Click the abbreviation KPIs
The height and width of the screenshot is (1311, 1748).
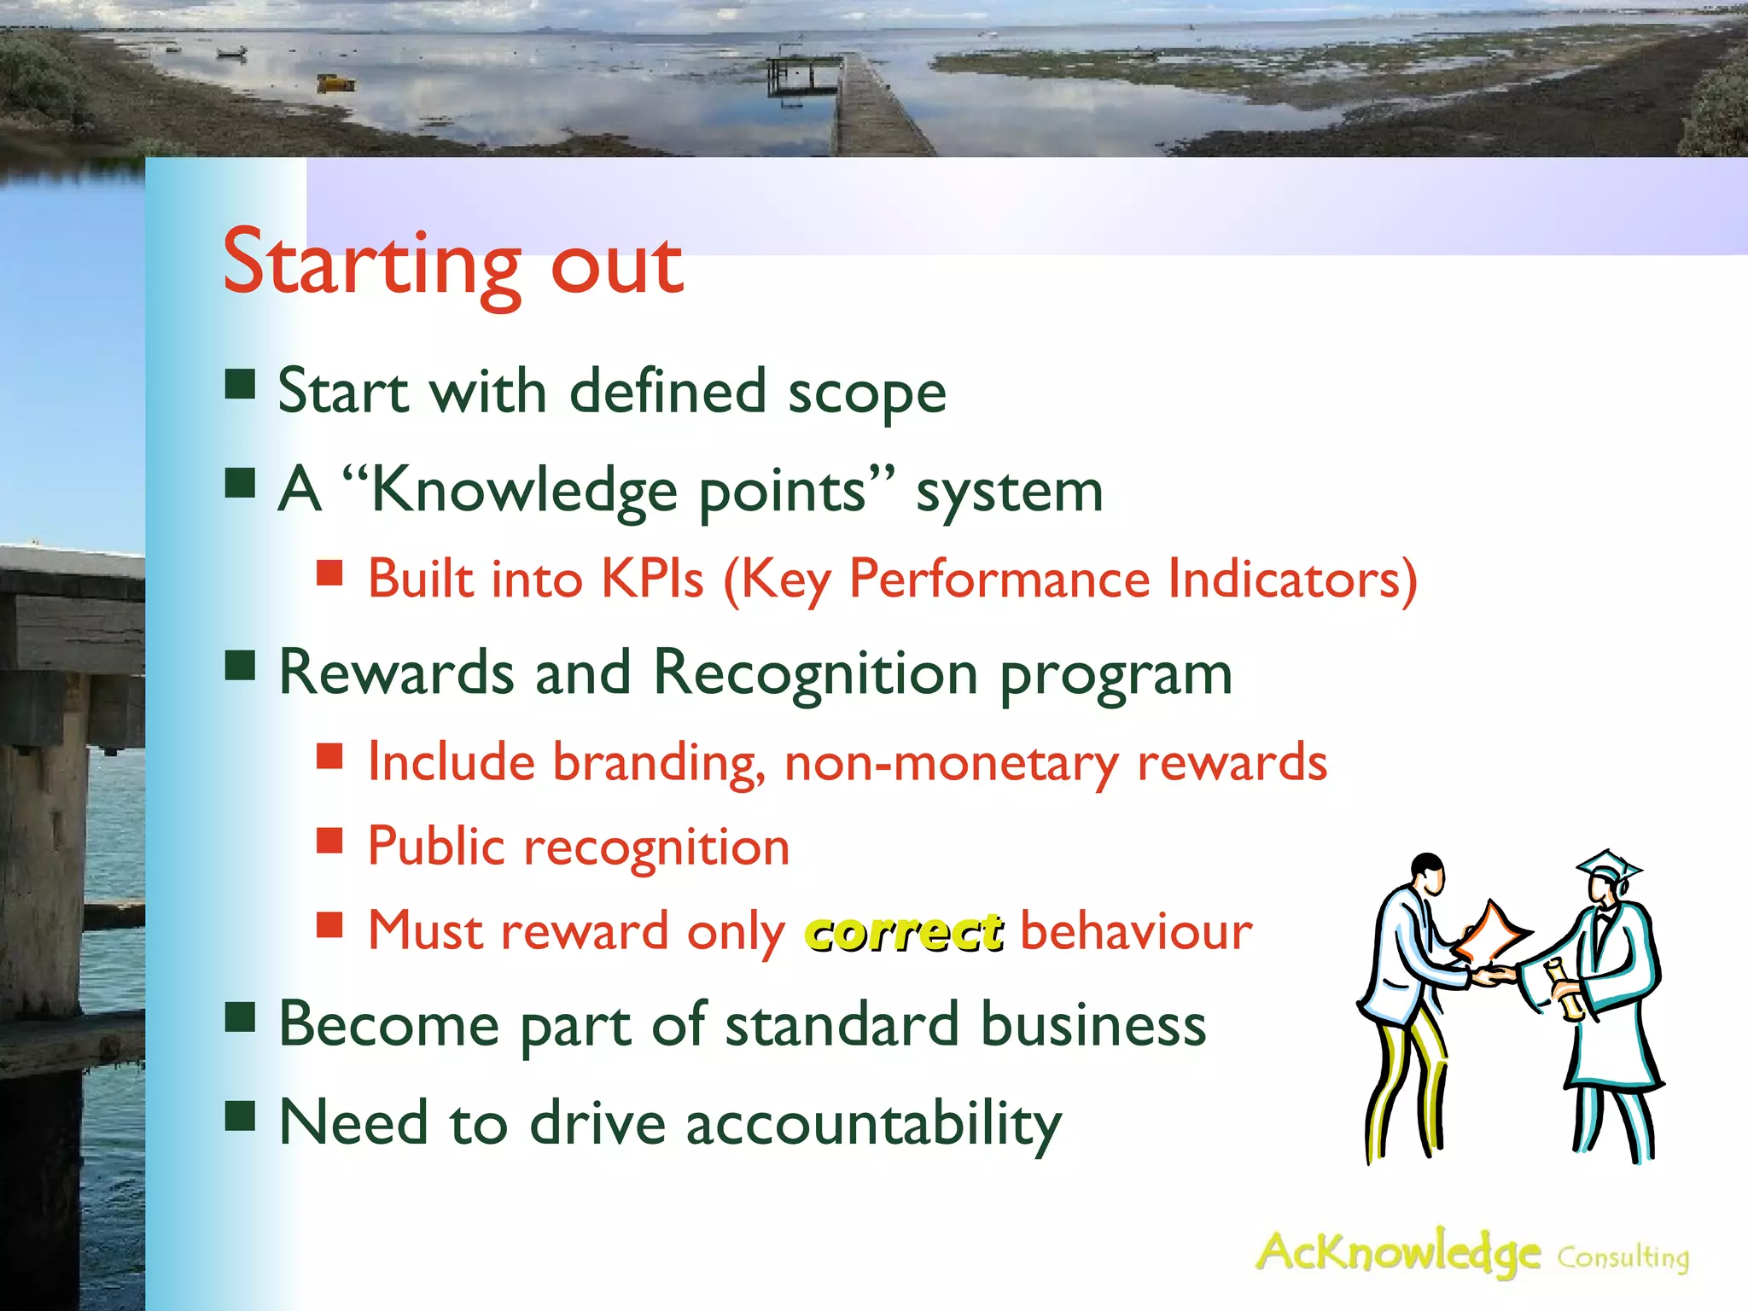tap(653, 580)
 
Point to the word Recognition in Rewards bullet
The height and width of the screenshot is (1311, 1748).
tap(815, 674)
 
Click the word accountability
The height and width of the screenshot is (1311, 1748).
tap(874, 1123)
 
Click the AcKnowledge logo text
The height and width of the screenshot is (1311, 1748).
tap(1398, 1253)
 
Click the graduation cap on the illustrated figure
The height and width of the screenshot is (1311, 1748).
tap(1607, 870)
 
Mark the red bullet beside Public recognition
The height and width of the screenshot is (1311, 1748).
tap(329, 841)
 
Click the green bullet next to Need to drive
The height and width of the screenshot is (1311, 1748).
tap(241, 1115)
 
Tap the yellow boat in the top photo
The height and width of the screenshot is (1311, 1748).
tap(335, 83)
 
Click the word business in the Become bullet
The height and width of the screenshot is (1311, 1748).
tap(1093, 1024)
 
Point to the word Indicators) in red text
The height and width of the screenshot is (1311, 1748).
tap(1292, 580)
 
